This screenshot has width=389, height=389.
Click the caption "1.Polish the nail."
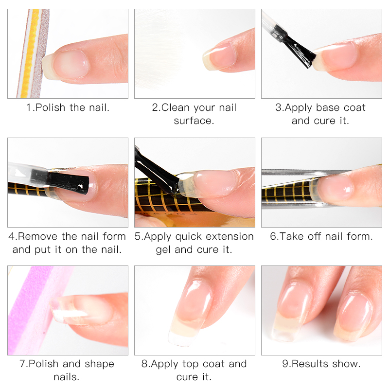point(68,107)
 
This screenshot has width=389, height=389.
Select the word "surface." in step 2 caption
point(194,121)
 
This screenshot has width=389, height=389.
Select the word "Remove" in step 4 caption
point(38,236)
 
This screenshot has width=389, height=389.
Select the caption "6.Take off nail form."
point(321,236)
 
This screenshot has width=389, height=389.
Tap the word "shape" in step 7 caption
point(99,364)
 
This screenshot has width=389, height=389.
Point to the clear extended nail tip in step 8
point(182,334)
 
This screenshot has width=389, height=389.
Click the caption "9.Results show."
point(321,364)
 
